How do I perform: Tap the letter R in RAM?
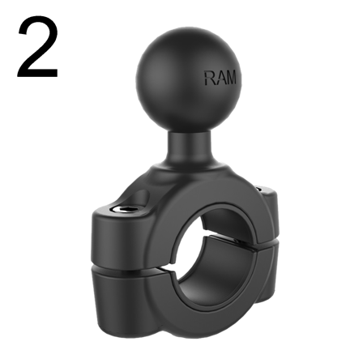(x=207, y=79)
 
